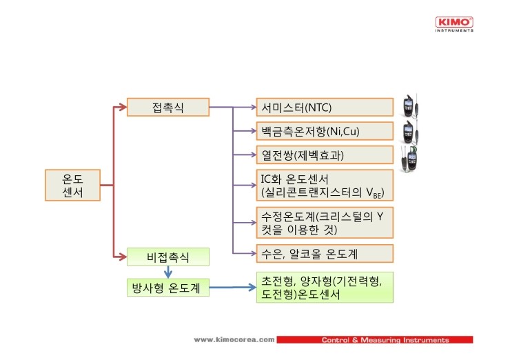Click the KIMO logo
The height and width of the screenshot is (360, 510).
[454, 24]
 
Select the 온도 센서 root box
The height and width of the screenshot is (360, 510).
[72, 186]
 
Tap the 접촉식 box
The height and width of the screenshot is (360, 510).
[168, 107]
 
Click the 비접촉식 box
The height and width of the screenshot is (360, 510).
[168, 257]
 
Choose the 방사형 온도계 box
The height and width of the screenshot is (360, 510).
[168, 288]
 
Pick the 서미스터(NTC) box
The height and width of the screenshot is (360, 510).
[325, 107]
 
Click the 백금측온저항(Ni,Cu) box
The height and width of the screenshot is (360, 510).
[325, 131]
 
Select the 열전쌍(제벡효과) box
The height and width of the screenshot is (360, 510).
[325, 154]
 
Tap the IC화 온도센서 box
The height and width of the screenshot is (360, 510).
[325, 186]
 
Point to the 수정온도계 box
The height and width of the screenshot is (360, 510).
[325, 223]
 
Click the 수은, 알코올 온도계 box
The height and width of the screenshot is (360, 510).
[325, 253]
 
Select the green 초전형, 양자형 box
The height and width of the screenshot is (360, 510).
[325, 288]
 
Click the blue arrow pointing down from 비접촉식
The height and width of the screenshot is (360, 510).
[168, 272]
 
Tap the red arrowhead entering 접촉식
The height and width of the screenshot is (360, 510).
[123, 107]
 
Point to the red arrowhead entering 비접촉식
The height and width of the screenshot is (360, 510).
[123, 257]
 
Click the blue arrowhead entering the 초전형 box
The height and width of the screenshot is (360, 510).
[252, 287]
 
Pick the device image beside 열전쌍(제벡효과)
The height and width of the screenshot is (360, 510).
[410, 159]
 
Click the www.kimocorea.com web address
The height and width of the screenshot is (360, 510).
[234, 340]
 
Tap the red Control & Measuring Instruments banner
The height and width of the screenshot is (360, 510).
[375, 340]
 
